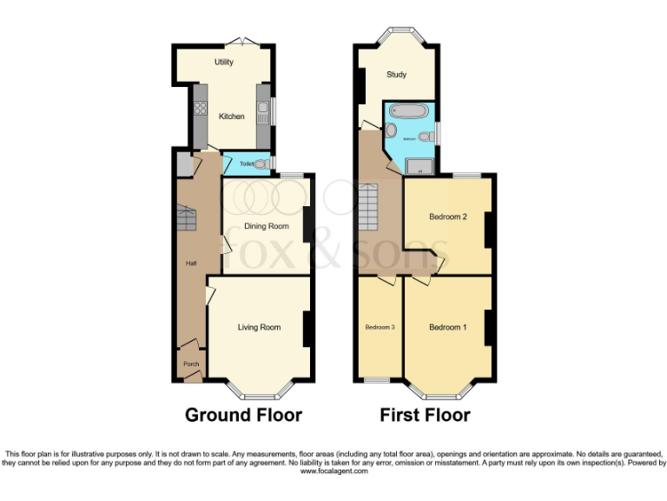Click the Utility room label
224,63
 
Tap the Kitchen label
231,117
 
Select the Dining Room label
266,226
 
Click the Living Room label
260,328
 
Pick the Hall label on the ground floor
191,263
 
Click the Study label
396,75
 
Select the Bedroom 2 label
448,217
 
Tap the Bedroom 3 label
380,328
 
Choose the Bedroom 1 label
448,328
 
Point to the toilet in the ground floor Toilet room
262,163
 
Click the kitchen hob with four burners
198,109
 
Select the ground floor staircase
188,217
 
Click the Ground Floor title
243,415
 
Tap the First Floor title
425,415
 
